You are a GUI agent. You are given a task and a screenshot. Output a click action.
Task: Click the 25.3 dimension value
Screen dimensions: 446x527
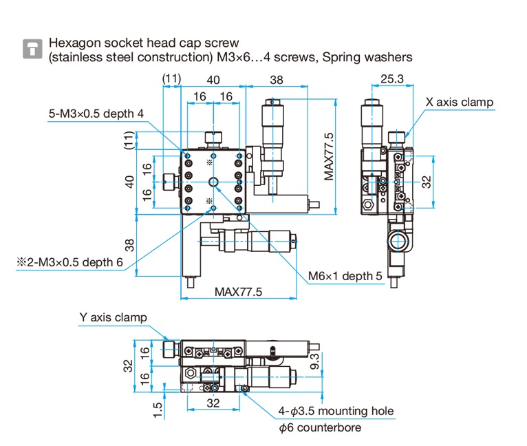point(391,80)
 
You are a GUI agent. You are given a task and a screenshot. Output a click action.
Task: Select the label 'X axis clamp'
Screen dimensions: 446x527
point(459,103)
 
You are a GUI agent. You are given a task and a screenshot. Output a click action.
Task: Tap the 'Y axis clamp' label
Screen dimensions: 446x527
point(113,317)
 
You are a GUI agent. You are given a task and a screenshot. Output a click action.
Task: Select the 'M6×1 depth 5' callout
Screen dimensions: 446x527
point(345,276)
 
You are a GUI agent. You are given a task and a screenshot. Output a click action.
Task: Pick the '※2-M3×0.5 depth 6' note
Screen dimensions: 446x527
point(70,262)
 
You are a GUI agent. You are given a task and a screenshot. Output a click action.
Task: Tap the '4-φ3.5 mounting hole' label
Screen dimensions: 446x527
point(336,412)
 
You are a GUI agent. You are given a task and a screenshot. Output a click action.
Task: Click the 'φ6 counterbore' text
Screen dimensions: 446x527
point(319,427)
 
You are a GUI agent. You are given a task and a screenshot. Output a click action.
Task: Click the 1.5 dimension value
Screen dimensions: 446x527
point(159,409)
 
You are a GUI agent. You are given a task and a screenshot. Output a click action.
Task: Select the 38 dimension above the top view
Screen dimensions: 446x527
point(276,80)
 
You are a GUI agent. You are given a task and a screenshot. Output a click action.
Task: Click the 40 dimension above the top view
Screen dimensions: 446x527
point(213,80)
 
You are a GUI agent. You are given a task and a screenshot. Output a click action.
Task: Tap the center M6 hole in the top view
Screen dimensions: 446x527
point(213,182)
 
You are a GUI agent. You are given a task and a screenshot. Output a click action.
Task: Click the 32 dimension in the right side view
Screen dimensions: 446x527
point(426,182)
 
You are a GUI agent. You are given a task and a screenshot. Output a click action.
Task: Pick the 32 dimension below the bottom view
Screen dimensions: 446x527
point(213,403)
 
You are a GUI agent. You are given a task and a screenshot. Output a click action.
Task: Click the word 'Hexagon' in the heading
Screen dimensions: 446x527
point(74,42)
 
